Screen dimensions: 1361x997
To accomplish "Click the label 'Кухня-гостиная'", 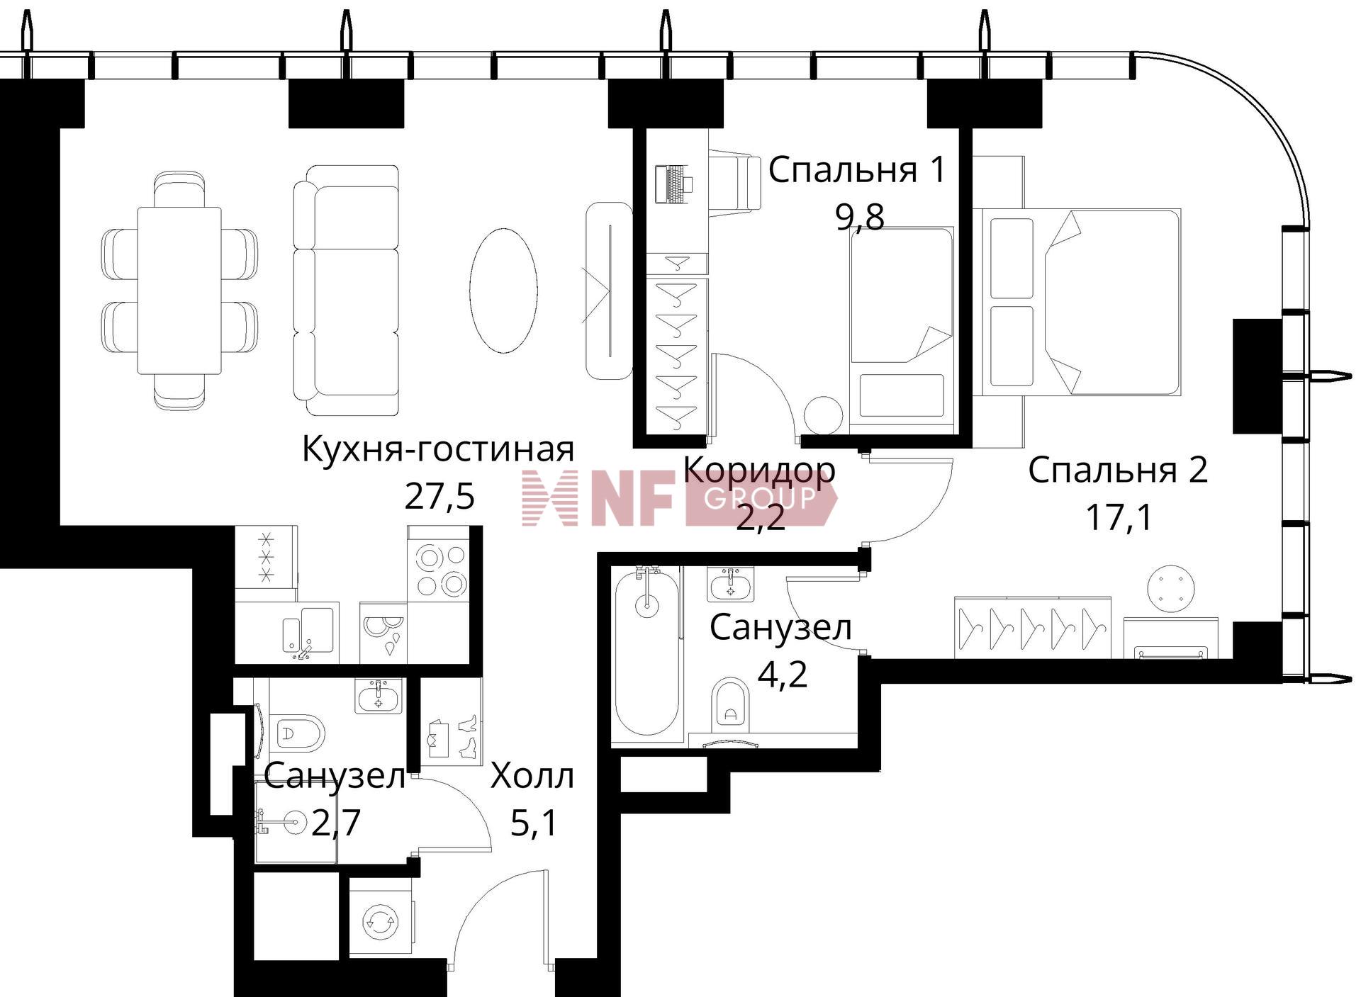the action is (x=438, y=450).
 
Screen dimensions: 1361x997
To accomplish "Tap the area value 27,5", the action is (x=439, y=497).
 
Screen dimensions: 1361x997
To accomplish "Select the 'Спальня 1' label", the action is (x=857, y=171).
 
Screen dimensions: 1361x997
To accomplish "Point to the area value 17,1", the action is (x=1119, y=517).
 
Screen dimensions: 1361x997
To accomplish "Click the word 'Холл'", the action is (x=532, y=777).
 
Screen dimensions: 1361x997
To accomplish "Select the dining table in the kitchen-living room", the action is (x=179, y=290).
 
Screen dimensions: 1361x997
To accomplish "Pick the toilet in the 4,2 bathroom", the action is (x=730, y=702).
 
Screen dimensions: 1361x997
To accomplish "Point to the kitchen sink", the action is (x=309, y=629).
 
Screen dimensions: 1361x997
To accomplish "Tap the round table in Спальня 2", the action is (x=1171, y=589).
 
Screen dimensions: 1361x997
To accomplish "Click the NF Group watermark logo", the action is (x=679, y=498).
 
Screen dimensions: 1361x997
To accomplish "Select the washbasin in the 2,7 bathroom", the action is (x=379, y=696).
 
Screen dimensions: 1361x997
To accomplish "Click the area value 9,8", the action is (x=860, y=217).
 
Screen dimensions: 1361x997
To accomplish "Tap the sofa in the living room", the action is (x=346, y=291).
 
